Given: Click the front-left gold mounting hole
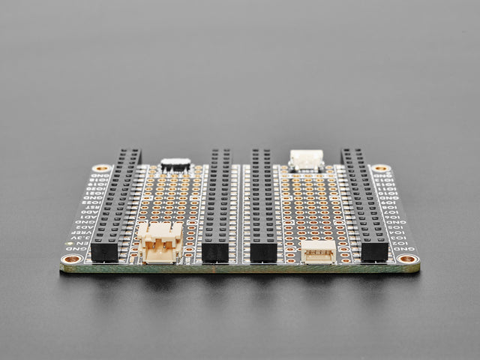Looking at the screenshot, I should [72, 259].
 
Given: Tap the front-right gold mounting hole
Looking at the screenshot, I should [407, 259].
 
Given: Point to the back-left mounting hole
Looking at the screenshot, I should [100, 169].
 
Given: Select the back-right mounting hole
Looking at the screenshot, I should [380, 169].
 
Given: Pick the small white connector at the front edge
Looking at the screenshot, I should [318, 251].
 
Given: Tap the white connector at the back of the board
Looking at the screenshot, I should [307, 160].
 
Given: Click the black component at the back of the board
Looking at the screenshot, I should [175, 163].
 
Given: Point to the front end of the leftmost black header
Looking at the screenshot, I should [105, 251].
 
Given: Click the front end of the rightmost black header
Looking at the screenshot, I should [373, 251].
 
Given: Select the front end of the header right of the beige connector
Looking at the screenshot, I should [214, 251].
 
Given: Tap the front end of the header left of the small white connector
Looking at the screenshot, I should [264, 251].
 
